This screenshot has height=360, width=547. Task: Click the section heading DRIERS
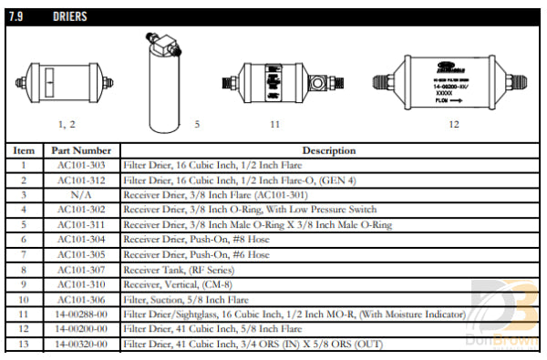[x=70, y=16]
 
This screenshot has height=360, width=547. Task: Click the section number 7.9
[x=26, y=16]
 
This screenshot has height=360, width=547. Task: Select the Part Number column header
[x=81, y=150]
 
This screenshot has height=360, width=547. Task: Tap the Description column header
[x=329, y=150]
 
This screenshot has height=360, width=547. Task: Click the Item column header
[x=25, y=150]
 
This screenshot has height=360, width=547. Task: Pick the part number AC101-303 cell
[x=81, y=165]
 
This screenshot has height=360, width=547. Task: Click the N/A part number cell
[x=81, y=195]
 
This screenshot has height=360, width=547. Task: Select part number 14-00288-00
[x=81, y=314]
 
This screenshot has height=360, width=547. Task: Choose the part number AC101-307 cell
[x=81, y=269]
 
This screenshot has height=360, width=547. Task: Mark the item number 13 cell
[x=25, y=344]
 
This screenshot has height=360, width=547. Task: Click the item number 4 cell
[x=25, y=210]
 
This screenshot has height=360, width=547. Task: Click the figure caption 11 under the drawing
[x=273, y=122]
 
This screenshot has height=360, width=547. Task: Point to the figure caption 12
[x=453, y=122]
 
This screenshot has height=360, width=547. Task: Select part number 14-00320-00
[x=81, y=344]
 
